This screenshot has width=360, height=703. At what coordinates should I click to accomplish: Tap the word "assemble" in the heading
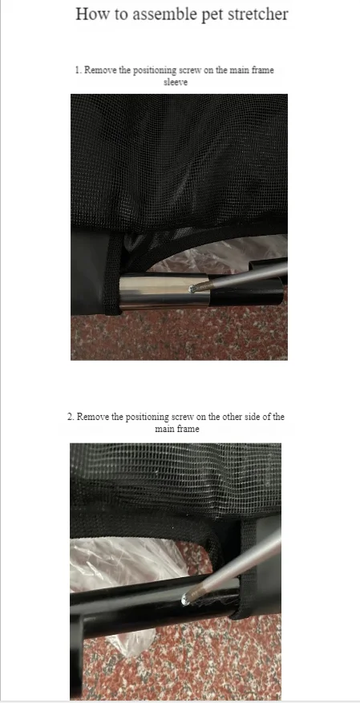161,14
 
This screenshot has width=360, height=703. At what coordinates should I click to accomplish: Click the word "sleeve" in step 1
176,82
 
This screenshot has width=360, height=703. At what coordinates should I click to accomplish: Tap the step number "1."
79,70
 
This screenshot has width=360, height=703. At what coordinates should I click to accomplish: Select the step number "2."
71,417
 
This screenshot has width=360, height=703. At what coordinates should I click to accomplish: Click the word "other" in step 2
231,417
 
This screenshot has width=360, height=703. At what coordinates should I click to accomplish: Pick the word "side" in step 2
252,417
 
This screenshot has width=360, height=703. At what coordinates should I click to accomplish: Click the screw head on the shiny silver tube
192,289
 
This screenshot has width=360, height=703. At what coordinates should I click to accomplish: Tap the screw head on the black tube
184,599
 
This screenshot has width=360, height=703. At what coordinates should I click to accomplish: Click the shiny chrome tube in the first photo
164,292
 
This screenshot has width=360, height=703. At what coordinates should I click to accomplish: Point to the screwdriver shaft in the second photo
234,565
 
